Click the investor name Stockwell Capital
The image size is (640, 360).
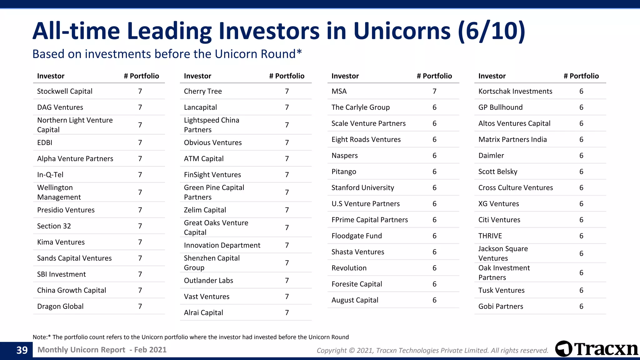65,91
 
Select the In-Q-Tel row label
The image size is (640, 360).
50,175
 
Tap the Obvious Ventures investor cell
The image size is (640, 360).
213,142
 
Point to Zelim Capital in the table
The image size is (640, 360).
205,210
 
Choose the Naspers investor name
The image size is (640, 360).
344,156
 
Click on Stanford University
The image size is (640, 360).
362,188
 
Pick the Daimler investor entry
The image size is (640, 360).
491,156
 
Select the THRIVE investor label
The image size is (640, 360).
490,236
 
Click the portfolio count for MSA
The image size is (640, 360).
434,91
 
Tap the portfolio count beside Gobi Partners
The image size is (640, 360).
581,306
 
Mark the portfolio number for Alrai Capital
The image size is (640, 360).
287,312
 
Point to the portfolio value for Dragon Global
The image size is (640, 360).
140,306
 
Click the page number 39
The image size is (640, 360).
22,350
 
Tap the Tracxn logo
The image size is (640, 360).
596,349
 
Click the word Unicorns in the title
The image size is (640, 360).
402,31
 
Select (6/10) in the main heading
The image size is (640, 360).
492,31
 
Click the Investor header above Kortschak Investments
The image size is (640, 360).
492,76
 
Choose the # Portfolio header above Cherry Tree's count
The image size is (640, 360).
287,76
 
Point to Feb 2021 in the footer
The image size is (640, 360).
150,350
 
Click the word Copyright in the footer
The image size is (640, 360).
332,351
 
